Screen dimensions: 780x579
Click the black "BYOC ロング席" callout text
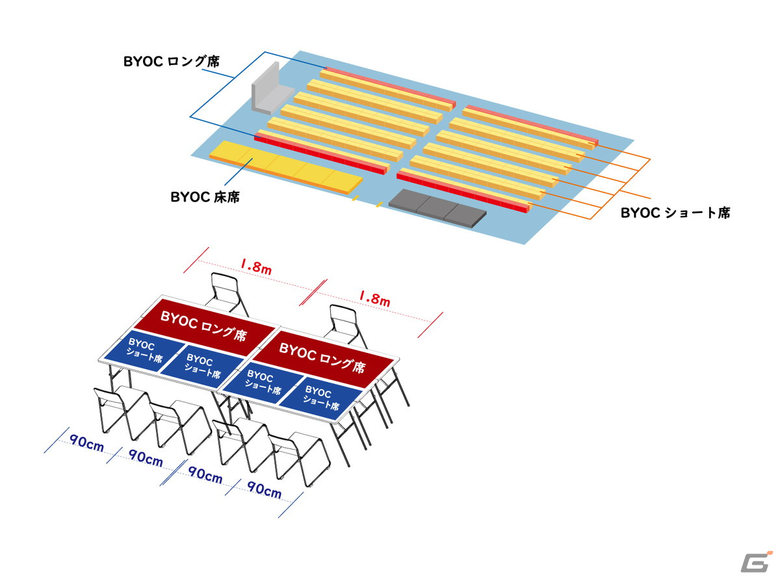(171, 62)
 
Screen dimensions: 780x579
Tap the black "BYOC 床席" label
(205, 197)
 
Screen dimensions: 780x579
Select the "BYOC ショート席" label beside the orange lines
(675, 212)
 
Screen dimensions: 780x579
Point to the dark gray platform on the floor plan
(437, 208)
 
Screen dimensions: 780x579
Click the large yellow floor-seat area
(285, 167)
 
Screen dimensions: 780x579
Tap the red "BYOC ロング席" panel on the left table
(204, 326)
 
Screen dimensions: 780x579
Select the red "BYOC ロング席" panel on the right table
(322, 357)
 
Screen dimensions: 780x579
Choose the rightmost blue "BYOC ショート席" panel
(320, 398)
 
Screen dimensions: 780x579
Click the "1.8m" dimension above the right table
(374, 298)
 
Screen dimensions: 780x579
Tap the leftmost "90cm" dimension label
(86, 443)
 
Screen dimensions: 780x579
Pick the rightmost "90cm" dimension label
(264, 490)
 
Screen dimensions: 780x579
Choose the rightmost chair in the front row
(299, 459)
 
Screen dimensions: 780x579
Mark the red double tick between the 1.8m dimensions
(313, 292)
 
